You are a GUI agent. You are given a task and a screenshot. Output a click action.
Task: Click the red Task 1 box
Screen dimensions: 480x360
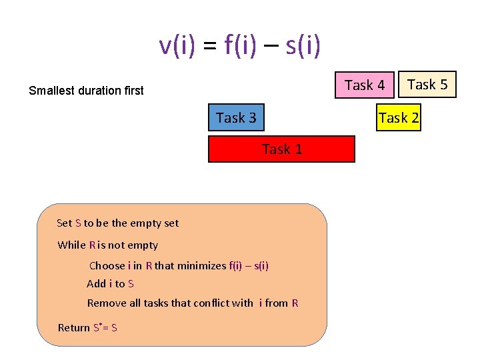pyautogui.click(x=281, y=149)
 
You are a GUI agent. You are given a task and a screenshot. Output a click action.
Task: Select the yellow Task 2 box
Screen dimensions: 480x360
pyautogui.click(x=399, y=118)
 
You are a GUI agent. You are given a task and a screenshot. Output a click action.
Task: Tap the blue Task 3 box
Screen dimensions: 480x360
pyautogui.click(x=236, y=118)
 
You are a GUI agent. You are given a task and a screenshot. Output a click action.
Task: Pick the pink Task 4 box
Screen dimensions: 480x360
pyautogui.click(x=365, y=85)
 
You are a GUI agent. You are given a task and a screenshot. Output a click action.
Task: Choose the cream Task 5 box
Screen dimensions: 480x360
pyautogui.click(x=427, y=84)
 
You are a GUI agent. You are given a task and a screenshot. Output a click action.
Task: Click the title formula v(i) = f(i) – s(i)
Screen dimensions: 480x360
pyautogui.click(x=240, y=45)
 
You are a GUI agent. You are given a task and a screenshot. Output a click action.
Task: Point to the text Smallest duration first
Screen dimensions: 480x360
pyautogui.click(x=86, y=91)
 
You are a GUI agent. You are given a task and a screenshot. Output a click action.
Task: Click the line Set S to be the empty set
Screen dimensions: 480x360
pyautogui.click(x=118, y=223)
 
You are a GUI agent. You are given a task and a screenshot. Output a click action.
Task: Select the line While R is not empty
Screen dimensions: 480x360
pyautogui.click(x=108, y=245)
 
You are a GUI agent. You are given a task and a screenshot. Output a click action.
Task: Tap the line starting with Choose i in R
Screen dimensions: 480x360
pyautogui.click(x=179, y=265)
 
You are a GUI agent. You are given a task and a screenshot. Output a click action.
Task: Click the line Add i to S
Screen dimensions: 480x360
pyautogui.click(x=111, y=283)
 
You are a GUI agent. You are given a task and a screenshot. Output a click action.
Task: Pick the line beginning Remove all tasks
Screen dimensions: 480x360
pyautogui.click(x=193, y=303)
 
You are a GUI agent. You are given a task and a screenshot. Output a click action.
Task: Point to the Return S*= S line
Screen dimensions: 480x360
pyautogui.click(x=87, y=327)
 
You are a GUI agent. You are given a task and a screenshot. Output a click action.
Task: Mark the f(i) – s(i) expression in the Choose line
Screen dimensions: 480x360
pyautogui.click(x=249, y=265)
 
